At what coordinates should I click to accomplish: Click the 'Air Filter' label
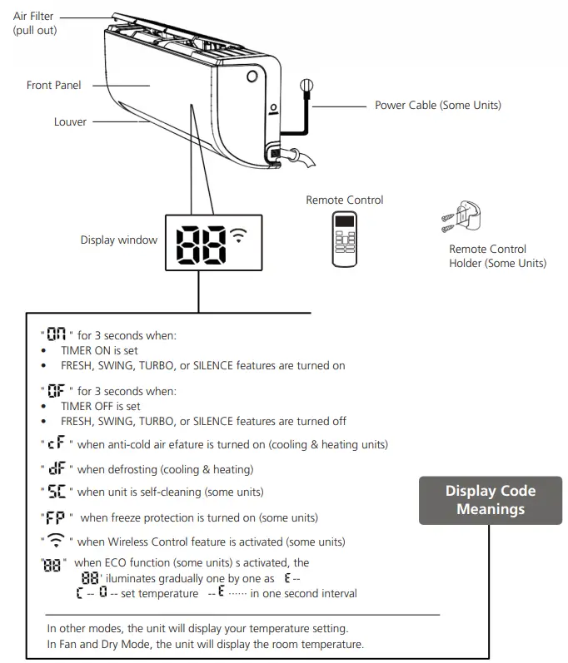click(33, 17)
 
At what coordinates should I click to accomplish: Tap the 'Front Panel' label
click(54, 86)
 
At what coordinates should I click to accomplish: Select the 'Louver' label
click(71, 121)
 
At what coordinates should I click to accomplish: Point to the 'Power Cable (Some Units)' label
click(437, 106)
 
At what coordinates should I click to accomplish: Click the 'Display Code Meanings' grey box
click(490, 499)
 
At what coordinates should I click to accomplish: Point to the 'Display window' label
click(119, 240)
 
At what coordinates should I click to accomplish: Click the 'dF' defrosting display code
click(57, 469)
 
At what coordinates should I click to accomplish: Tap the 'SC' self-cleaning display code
click(57, 492)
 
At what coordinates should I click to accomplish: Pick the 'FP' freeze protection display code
click(57, 517)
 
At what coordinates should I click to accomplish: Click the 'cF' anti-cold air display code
click(57, 445)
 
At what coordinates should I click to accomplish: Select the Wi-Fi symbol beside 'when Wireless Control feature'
click(57, 542)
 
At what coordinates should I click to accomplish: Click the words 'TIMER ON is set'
click(100, 351)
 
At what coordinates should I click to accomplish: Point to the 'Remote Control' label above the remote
click(344, 200)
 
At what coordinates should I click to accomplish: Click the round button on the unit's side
click(252, 77)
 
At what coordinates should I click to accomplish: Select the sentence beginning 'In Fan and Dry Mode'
click(205, 645)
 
